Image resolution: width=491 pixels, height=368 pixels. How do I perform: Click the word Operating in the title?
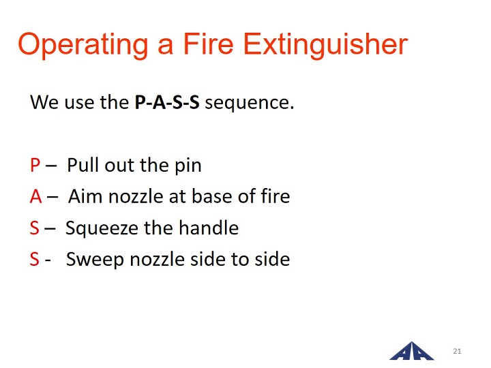(83, 45)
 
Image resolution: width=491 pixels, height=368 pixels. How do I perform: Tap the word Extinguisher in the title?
(325, 45)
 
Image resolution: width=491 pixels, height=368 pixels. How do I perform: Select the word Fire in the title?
(208, 44)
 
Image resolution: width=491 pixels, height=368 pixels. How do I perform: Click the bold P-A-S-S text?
(167, 102)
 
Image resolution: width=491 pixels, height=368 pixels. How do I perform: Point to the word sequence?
(250, 104)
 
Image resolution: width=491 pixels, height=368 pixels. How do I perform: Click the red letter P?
(35, 165)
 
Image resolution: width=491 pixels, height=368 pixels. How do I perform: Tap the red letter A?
(36, 196)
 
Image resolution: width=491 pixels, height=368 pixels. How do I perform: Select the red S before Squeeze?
(35, 228)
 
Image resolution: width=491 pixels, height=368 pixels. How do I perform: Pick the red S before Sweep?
(35, 259)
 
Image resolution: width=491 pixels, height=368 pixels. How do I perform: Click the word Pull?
(84, 165)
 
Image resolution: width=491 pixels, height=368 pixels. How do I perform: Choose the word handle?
(209, 228)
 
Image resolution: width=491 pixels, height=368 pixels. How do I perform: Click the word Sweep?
(95, 260)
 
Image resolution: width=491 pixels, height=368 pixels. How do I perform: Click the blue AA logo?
(412, 352)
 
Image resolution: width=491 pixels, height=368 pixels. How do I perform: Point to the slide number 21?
(457, 351)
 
